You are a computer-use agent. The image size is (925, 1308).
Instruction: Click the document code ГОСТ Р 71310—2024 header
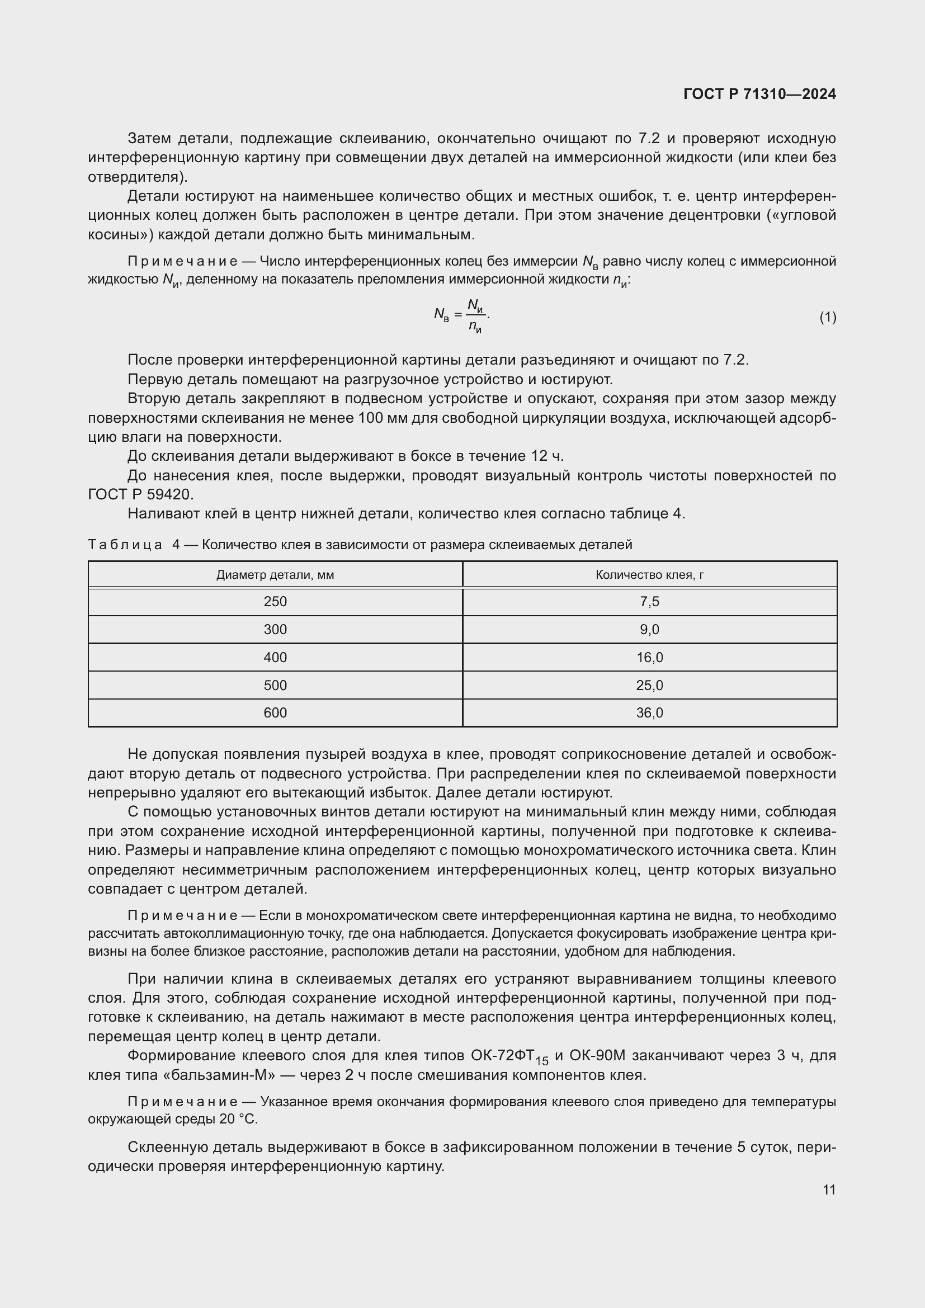(759, 95)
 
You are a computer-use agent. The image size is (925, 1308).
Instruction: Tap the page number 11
(829, 1189)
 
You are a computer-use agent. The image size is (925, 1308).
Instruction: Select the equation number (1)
(828, 317)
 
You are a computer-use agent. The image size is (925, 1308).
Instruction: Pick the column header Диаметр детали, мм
(275, 575)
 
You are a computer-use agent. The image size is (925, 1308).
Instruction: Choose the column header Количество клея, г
(649, 575)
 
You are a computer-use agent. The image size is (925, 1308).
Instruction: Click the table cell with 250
(275, 602)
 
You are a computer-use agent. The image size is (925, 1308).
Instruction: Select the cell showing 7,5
(649, 602)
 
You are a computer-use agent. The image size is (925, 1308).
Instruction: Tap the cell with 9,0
(649, 630)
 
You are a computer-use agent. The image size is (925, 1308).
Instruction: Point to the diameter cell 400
(275, 658)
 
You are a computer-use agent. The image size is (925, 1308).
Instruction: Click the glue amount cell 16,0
(649, 658)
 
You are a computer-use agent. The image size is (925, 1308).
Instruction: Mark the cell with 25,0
(649, 686)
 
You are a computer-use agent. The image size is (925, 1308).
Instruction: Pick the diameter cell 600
(275, 712)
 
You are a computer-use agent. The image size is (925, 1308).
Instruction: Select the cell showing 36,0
(649, 712)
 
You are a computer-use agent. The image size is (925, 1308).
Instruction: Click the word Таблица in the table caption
(125, 545)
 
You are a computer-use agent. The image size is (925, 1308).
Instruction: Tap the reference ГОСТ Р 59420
(141, 494)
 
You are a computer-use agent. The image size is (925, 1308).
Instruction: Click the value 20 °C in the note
(238, 1119)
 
